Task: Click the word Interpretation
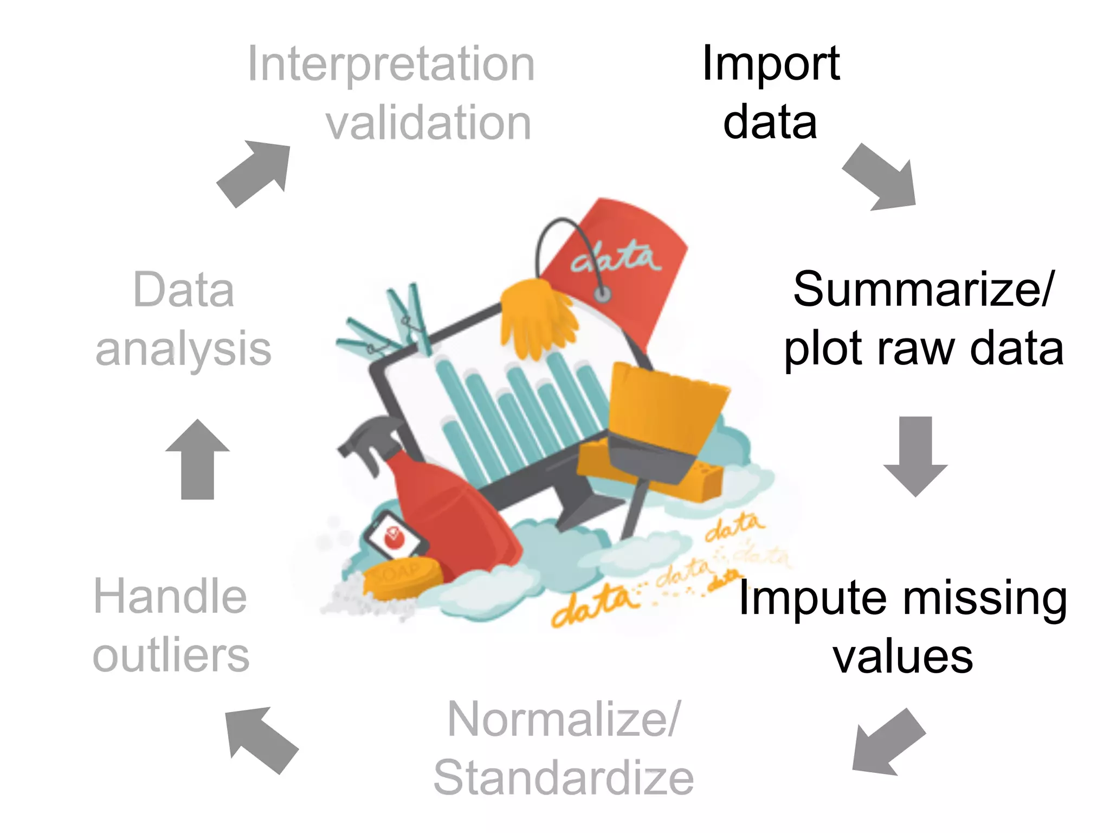pos(391,65)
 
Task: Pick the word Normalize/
pos(564,719)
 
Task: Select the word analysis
pos(183,348)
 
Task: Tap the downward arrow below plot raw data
pos(915,456)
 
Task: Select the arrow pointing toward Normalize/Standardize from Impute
pos(886,743)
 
